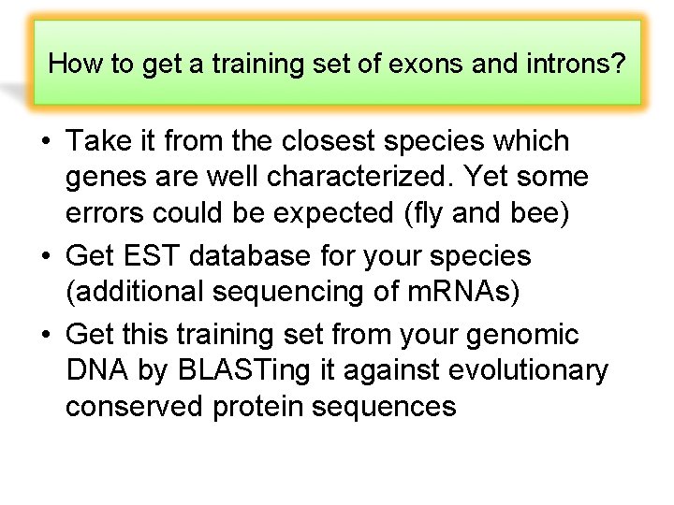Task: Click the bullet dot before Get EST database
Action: [x=45, y=256]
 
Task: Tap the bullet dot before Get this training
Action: [x=45, y=335]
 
